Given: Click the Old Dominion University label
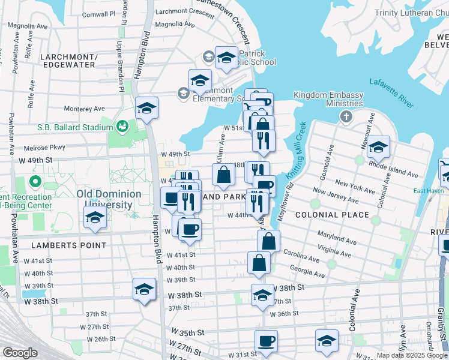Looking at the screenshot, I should tap(109, 199).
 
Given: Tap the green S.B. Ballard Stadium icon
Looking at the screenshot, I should tap(122, 127).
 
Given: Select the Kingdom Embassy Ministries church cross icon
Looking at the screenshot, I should tap(346, 116).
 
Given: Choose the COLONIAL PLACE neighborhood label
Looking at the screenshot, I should tap(324, 214).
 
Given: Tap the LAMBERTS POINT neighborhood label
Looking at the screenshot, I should tap(70, 245).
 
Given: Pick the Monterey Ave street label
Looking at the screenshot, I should tap(84, 109).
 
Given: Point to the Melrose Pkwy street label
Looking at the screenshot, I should tap(44, 148).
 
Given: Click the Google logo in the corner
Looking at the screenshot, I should tap(20, 353).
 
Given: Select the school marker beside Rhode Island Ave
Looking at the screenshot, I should tap(378, 146).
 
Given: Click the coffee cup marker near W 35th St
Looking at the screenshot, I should tap(266, 341).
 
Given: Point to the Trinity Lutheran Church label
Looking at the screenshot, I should tap(411, 13).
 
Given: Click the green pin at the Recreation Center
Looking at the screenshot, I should tap(34, 181).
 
